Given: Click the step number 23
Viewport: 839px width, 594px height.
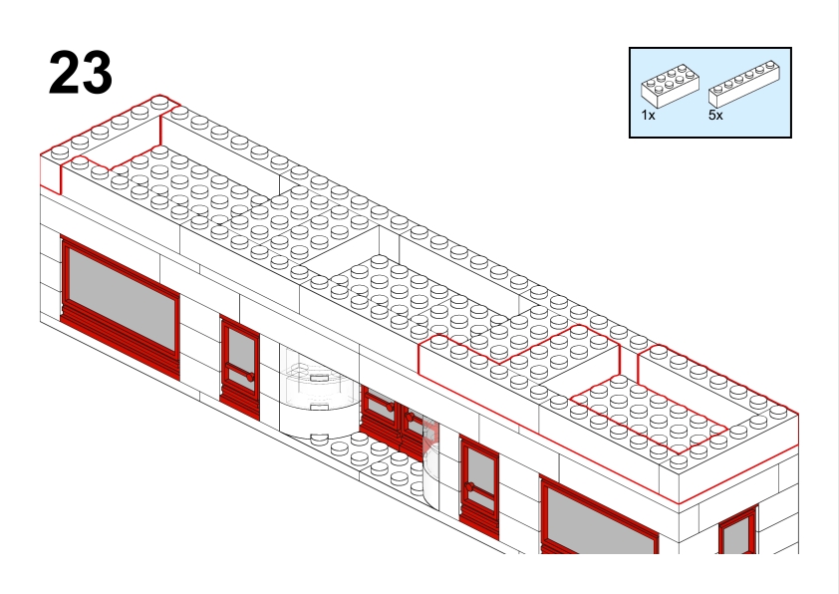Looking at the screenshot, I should tap(80, 73).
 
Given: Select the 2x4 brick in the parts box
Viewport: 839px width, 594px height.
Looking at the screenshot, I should tap(669, 86).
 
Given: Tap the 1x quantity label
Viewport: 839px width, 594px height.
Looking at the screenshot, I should tap(648, 116).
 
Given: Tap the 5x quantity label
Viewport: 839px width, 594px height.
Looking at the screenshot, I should tap(715, 116).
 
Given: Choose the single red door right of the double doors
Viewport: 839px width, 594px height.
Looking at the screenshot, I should tap(479, 486).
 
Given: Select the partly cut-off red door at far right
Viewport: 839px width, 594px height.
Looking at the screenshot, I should tap(737, 532).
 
